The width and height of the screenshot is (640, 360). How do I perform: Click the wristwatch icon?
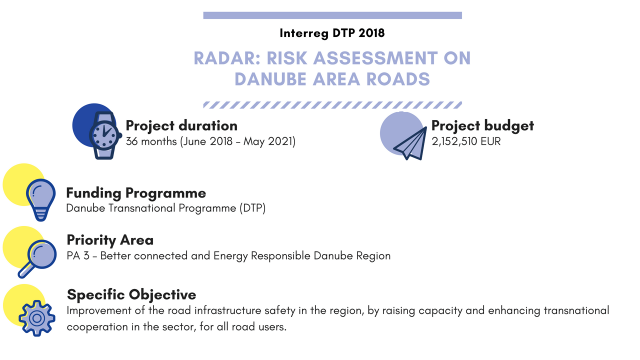tap(104, 135)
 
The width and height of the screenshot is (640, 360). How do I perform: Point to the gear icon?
tap(36, 317)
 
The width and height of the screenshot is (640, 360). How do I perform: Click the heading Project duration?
tap(181, 125)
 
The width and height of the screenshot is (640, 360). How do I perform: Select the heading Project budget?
tap(482, 125)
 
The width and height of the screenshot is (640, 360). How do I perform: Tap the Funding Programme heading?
tap(136, 192)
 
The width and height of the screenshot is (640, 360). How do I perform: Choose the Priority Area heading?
tap(110, 240)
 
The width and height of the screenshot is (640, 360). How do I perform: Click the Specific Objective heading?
tap(131, 294)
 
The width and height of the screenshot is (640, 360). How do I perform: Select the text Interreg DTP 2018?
tap(332, 33)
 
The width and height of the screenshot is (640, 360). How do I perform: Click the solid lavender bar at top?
tap(332, 15)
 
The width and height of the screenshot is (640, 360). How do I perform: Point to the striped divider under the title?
tap(332, 105)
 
